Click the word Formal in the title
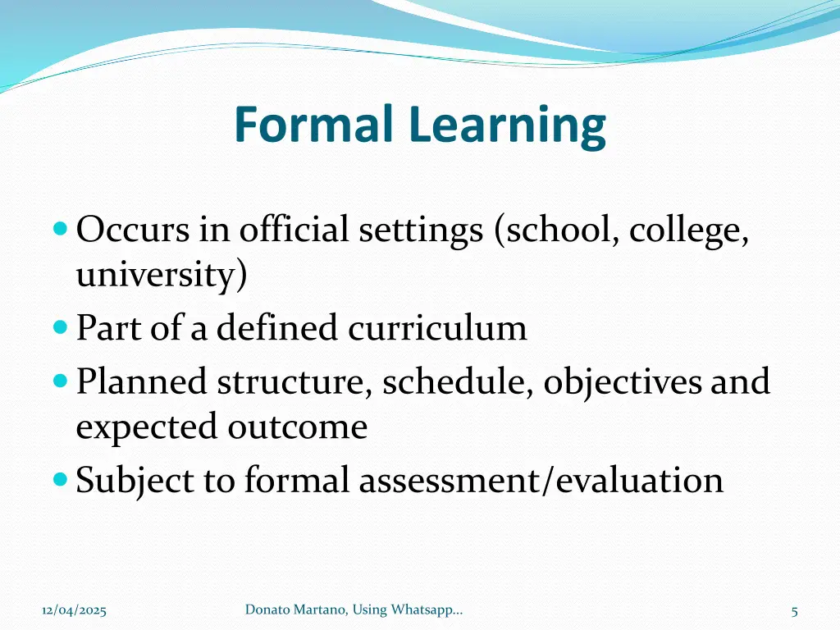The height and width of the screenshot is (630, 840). tap(316, 125)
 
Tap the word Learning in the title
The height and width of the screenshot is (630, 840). tap(508, 127)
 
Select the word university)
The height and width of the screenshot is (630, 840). tap(161, 276)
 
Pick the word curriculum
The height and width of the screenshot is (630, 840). tap(437, 329)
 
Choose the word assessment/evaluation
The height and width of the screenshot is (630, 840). tap(541, 481)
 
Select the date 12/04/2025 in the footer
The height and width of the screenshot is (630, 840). tap(74, 609)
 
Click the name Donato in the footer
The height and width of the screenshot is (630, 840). tap(267, 609)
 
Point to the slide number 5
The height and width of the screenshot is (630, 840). tap(795, 610)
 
